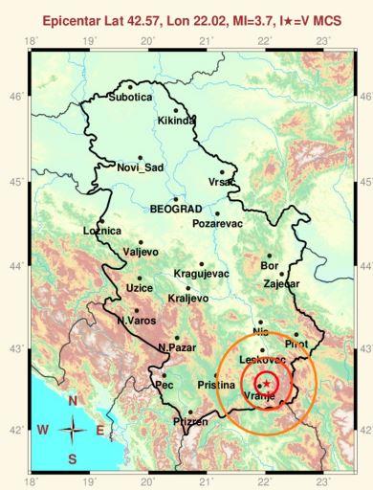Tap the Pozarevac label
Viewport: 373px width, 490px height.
coord(219,223)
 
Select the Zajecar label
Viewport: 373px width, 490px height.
coord(281,284)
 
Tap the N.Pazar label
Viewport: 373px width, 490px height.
coord(176,346)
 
